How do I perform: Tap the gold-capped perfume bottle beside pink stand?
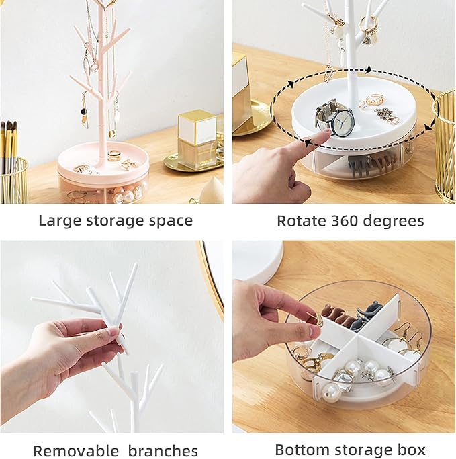(197, 137)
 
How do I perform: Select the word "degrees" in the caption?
(398, 221)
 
